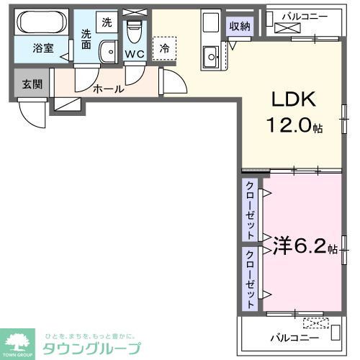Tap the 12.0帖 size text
pos(295,126)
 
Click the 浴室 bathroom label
pos(42,49)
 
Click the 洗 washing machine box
pos(106,22)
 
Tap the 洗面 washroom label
pos(86,37)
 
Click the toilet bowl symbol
pos(133,32)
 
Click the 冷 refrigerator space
pos(164,49)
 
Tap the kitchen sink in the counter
pos(211,55)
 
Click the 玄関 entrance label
pos(32,84)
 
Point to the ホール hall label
pos(108,89)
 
